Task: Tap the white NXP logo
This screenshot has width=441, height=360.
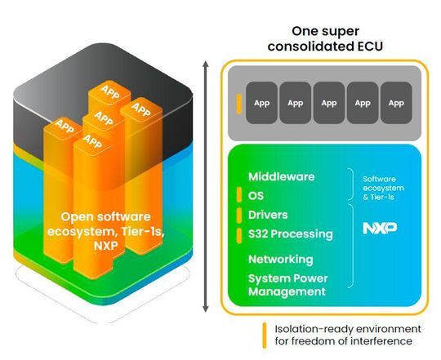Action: point(374,229)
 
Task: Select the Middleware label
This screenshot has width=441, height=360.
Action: point(279,176)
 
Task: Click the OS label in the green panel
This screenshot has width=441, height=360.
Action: point(256,195)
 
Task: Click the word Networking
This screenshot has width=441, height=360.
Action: point(280,259)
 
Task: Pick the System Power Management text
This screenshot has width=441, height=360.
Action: point(287,285)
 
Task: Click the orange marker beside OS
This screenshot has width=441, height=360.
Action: point(238,195)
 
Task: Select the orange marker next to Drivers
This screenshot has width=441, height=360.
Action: point(238,215)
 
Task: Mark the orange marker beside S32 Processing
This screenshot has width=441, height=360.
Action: point(238,234)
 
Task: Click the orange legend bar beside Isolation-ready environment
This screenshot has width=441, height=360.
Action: point(264,334)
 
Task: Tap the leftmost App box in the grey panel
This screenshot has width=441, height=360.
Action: point(261,104)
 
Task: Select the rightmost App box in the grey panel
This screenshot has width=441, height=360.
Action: point(396,104)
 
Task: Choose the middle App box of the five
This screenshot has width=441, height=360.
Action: point(329,104)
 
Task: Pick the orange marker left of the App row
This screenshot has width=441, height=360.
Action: point(238,104)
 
